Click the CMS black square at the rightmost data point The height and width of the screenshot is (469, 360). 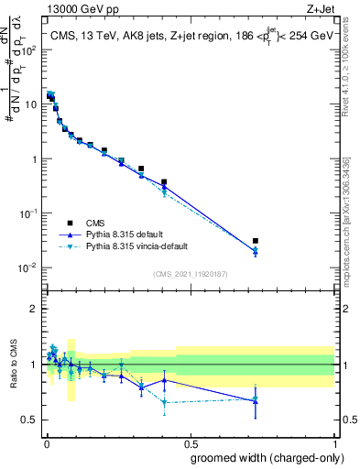[x=256, y=241]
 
